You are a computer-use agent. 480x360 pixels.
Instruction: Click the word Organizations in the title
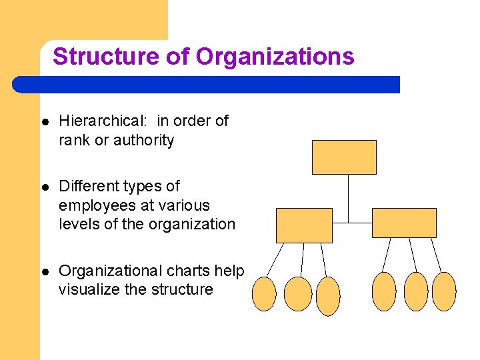click(275, 57)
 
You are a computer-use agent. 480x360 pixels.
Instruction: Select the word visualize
click(89, 290)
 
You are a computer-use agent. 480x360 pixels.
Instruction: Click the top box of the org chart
click(344, 157)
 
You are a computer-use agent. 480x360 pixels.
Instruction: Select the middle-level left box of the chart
click(304, 225)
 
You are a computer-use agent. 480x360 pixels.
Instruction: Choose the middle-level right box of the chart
click(404, 223)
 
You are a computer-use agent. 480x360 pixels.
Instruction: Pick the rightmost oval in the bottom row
click(444, 291)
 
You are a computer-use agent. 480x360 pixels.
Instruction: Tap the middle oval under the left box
click(297, 294)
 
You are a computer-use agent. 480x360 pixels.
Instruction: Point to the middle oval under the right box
click(416, 291)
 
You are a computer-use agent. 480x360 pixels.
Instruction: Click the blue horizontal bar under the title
click(207, 85)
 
